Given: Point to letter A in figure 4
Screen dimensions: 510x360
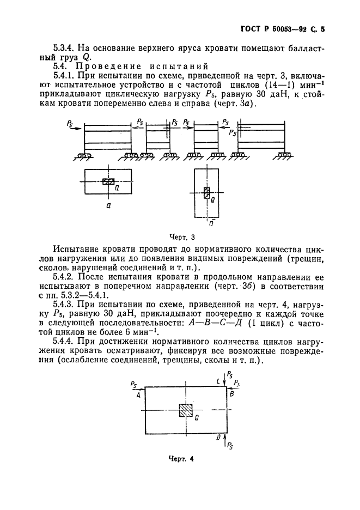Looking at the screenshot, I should coord(139,396).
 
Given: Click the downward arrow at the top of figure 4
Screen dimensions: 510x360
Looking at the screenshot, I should coord(225,380).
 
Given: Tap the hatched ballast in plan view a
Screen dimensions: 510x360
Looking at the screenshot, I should coord(108,181).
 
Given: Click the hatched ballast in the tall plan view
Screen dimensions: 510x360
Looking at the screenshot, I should coord(206,192).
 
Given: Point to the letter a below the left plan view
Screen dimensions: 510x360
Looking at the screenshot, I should coord(108,207).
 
